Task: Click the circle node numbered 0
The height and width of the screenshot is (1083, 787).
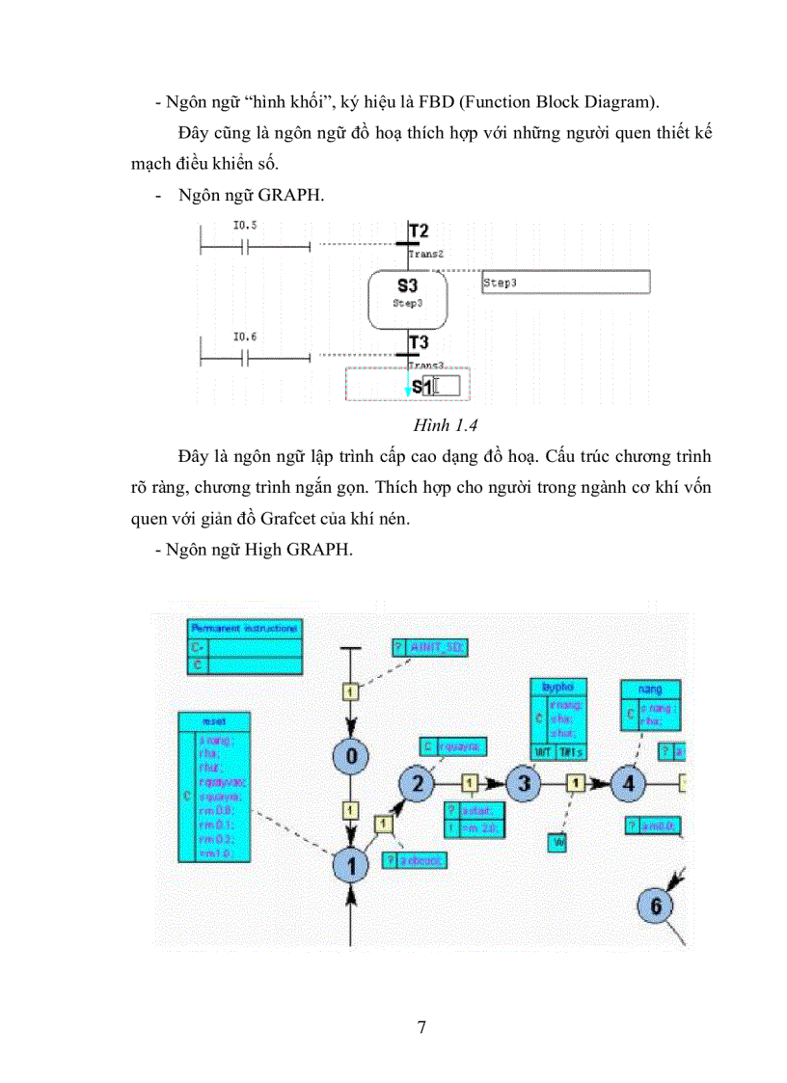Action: click(x=351, y=755)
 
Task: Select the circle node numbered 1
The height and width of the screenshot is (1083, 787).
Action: click(x=351, y=865)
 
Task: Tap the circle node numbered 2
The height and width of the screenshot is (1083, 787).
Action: click(x=417, y=783)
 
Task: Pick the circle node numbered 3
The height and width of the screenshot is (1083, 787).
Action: click(x=524, y=783)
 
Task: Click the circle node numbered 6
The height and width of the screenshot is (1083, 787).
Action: click(x=656, y=906)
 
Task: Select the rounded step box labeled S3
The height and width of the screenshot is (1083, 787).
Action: click(x=407, y=291)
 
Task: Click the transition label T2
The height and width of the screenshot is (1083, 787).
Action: click(x=418, y=231)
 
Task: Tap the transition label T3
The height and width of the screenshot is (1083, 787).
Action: click(x=418, y=343)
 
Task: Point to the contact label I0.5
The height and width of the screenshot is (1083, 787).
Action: click(x=246, y=226)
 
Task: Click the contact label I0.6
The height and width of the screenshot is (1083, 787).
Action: click(x=246, y=337)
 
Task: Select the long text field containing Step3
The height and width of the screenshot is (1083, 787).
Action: click(x=565, y=283)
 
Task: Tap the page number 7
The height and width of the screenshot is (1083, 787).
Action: click(x=421, y=1026)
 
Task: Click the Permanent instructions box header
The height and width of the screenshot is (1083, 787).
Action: click(x=243, y=628)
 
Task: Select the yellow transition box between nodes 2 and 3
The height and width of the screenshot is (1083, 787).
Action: click(x=470, y=783)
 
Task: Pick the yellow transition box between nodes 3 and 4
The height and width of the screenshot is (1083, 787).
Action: click(x=576, y=783)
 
